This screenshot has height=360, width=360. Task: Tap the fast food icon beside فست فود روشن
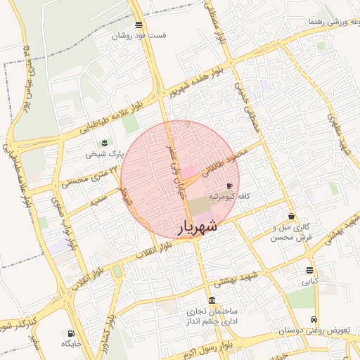pos(139,25)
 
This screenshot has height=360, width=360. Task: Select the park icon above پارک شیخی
pos(105,143)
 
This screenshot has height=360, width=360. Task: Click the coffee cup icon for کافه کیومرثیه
pos(230,185)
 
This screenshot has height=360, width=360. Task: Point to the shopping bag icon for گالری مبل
pos(292,216)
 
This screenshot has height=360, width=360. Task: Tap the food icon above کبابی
pos(310,270)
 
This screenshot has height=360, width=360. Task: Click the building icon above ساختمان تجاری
pos(212,300)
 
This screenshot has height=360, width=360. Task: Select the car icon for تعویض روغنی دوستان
pos(323,320)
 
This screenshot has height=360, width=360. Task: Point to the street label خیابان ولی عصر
pos(174,169)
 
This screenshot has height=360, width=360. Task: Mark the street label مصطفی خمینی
pos(247,105)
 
